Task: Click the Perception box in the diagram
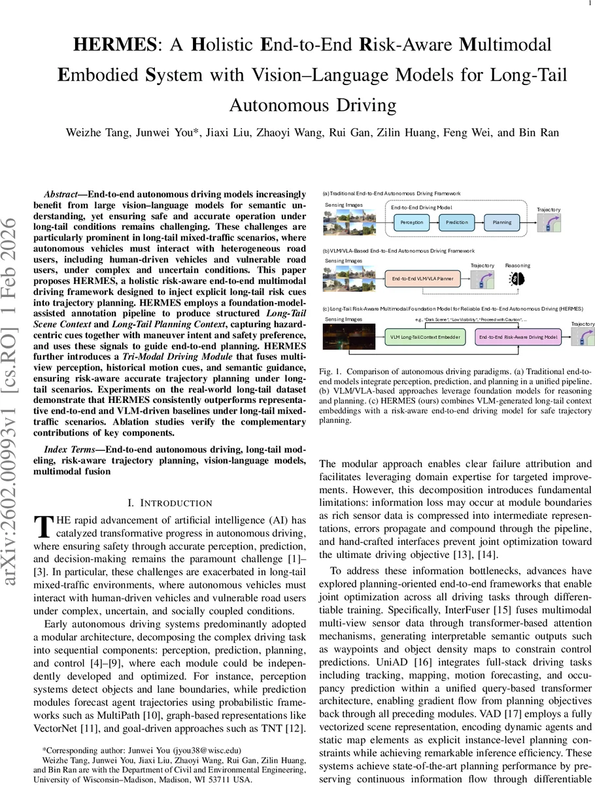[411, 222]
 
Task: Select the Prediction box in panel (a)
[457, 222]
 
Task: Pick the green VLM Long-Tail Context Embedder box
[424, 337]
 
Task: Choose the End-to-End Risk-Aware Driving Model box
[517, 337]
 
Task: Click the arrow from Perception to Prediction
[434, 222]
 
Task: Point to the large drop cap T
[42, 526]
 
